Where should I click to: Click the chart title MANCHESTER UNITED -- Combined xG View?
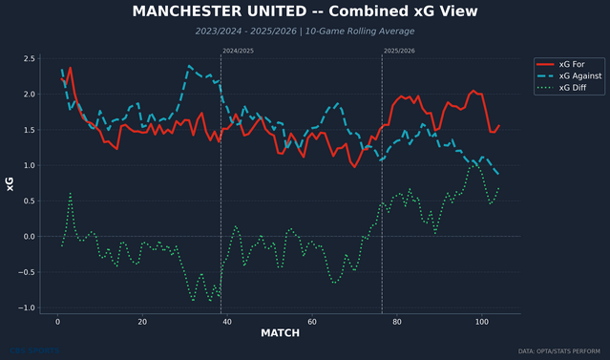click(305, 11)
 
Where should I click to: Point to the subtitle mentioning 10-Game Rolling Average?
click(305, 32)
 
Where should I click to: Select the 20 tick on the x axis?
click(142, 322)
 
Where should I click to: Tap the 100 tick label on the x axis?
click(480, 322)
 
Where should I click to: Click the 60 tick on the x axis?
click(311, 322)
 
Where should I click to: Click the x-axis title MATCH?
click(281, 334)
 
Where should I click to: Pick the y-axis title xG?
click(11, 183)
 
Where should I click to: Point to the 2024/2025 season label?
click(238, 50)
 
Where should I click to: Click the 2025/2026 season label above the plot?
click(399, 50)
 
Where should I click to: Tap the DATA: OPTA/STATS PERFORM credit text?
click(563, 351)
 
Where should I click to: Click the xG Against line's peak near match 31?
click(189, 66)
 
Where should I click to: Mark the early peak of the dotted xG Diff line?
click(71, 194)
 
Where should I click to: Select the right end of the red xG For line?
click(498, 125)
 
